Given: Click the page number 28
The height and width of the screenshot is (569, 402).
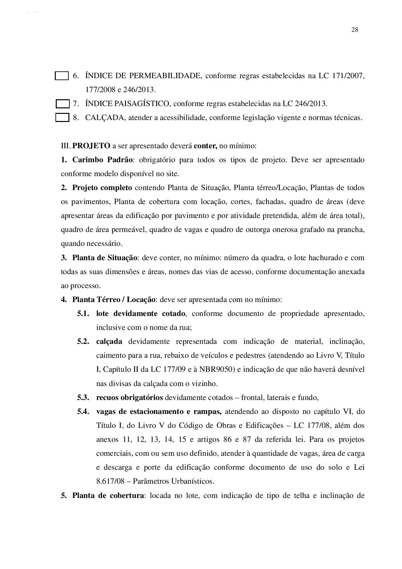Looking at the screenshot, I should pos(354,30).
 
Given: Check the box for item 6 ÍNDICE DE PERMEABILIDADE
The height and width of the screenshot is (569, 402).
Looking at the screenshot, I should pos(62,76).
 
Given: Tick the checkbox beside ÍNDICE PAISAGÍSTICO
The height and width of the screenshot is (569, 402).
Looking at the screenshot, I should pos(63,104).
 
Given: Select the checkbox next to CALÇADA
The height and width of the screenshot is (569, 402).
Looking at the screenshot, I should pos(62,117).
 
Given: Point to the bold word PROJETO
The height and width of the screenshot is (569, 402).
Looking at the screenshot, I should pos(91,146).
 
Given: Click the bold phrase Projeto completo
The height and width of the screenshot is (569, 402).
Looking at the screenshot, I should pos(102,188).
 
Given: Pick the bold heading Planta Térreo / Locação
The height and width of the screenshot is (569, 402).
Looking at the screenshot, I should pos(114,299).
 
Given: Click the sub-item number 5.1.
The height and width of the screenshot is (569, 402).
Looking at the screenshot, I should pos(83,313).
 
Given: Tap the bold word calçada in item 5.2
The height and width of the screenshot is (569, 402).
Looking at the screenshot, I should pos(109,341).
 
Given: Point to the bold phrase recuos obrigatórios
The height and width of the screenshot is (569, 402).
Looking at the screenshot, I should pos(129,397).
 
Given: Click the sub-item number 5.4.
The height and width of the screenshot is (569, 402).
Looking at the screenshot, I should pos(83,411).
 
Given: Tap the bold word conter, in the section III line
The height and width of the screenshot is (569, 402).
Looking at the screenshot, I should pos(206,146).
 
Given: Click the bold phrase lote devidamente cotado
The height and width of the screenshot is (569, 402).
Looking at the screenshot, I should pos(141,313).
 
